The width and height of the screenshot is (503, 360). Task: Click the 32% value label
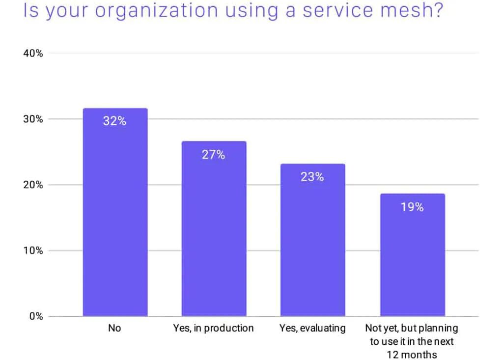point(114,121)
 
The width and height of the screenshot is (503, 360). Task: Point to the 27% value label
point(213,155)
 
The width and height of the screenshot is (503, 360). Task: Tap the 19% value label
point(412,207)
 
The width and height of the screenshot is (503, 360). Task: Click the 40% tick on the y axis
point(33,54)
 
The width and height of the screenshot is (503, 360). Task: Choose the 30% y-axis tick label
point(33,119)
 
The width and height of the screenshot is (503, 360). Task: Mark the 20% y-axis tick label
point(33,185)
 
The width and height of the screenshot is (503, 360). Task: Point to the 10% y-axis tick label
point(33,251)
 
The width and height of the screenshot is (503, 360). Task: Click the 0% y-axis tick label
point(36,317)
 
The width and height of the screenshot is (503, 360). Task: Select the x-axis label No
point(114,328)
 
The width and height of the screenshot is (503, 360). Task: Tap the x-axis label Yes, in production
point(213,328)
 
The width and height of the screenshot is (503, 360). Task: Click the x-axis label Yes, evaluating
point(312,328)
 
